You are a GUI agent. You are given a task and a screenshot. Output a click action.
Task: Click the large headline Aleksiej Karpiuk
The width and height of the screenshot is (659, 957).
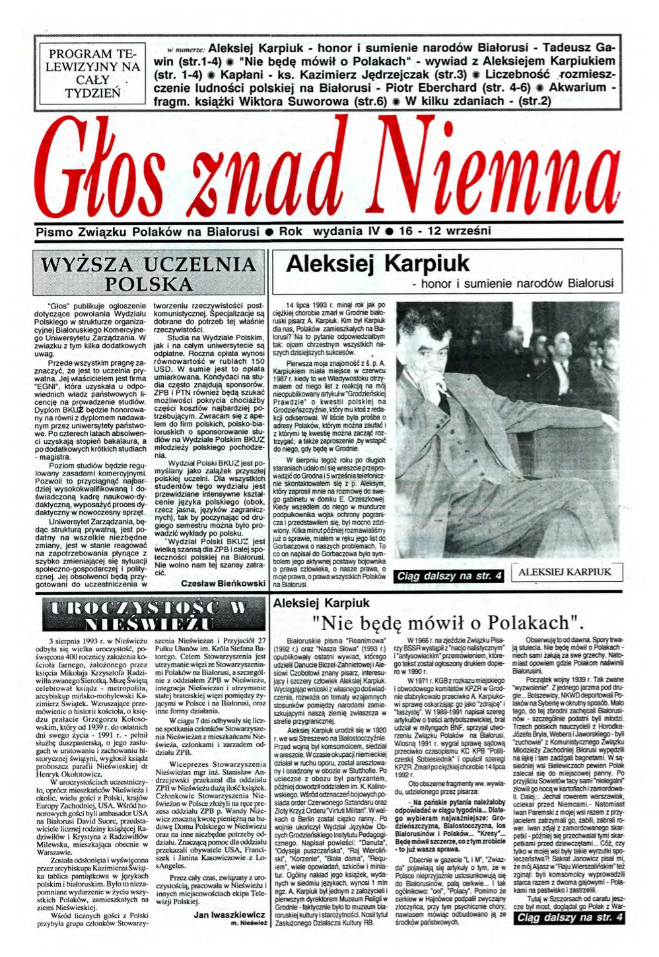point(378,264)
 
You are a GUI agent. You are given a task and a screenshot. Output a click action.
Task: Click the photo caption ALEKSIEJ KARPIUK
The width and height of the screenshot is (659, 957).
point(565,572)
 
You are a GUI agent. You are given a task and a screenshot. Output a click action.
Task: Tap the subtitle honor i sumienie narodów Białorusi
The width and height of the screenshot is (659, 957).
point(512,284)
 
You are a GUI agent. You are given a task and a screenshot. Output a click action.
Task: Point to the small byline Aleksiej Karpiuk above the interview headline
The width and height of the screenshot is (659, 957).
point(322,602)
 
